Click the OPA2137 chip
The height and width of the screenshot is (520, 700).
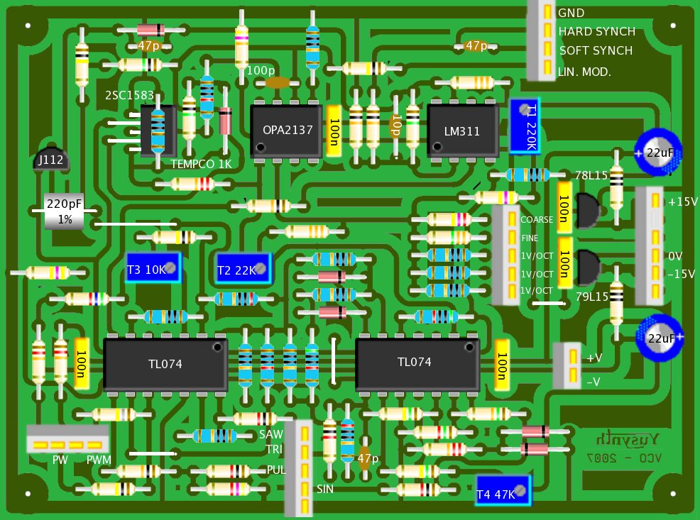(x=287, y=131)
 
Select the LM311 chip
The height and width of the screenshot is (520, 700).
(x=462, y=131)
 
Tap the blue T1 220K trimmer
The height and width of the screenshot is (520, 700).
(x=525, y=126)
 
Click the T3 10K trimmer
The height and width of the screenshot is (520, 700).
(x=153, y=269)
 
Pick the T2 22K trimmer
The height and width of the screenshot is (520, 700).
(x=244, y=270)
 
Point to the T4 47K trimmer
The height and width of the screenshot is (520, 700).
(x=503, y=491)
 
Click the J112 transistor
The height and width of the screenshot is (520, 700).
(x=51, y=161)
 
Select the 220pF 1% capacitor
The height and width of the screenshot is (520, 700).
(x=65, y=211)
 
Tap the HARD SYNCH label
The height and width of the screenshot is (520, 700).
(x=596, y=32)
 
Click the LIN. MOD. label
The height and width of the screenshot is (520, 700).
(x=584, y=72)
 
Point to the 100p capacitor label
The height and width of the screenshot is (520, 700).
(x=261, y=70)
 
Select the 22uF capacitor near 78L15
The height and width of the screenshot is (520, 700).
(x=659, y=153)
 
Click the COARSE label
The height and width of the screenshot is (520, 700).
(x=537, y=220)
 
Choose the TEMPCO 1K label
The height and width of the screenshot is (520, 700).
(x=201, y=164)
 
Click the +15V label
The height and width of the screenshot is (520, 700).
(x=683, y=201)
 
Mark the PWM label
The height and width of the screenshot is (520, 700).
(x=99, y=460)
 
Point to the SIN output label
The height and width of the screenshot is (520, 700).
(x=324, y=489)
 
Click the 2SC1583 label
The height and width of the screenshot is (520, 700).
(x=129, y=96)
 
